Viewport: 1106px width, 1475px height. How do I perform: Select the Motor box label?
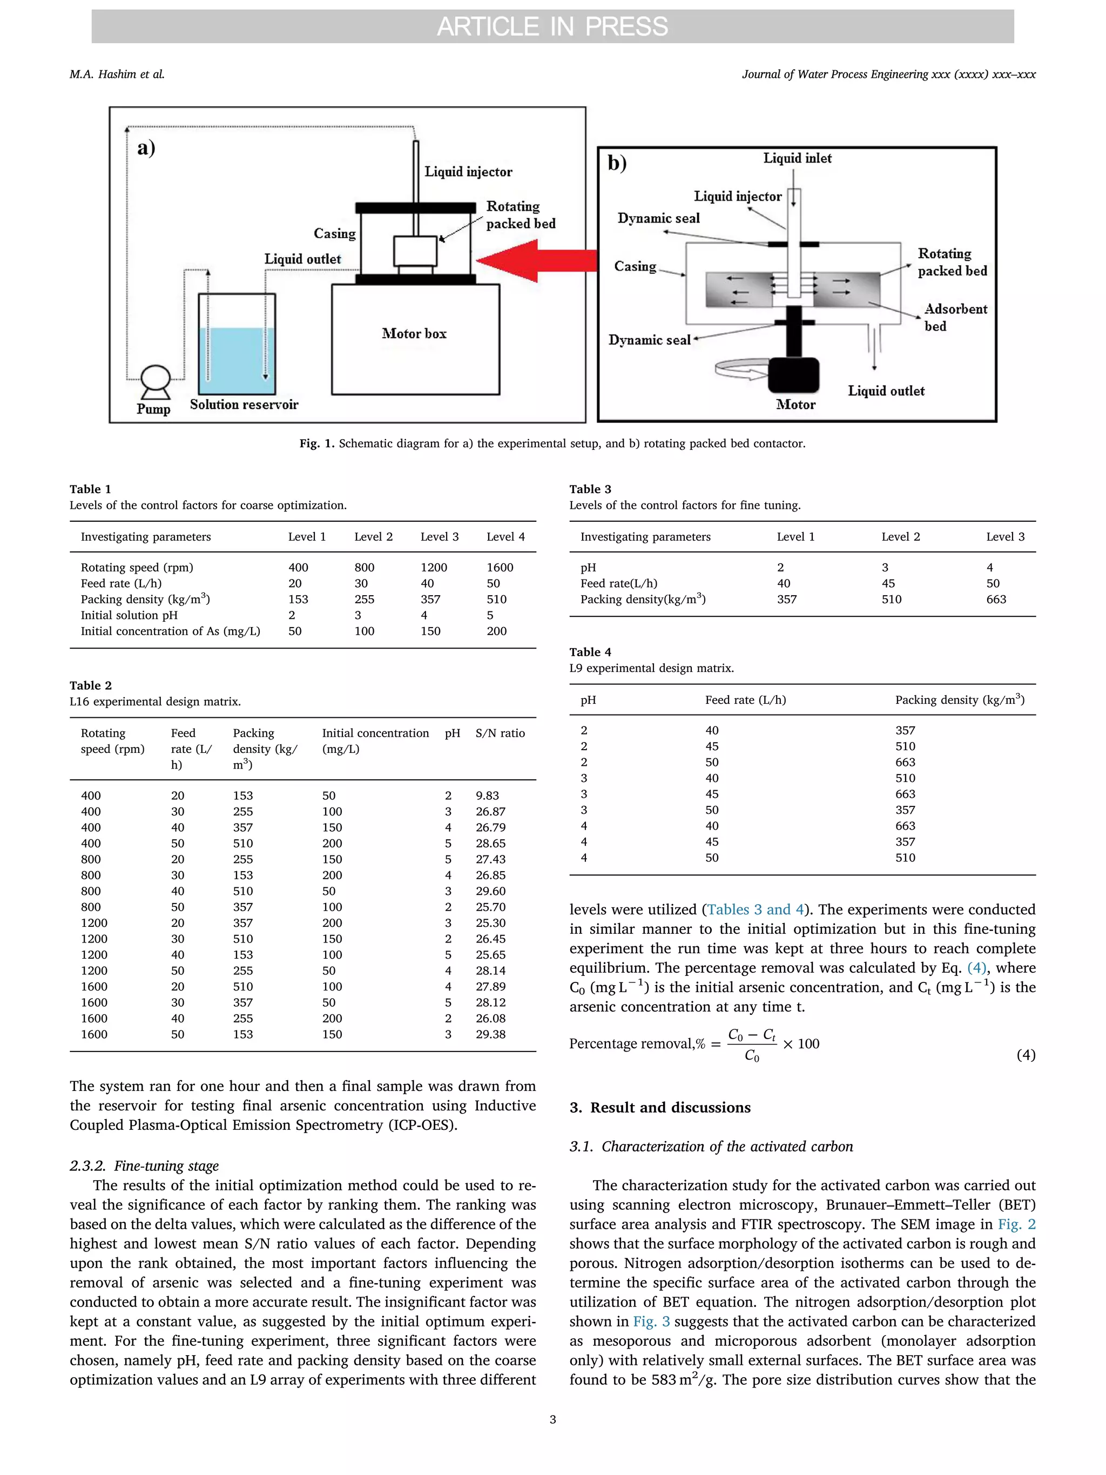point(414,333)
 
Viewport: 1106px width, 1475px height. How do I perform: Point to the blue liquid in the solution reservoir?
point(237,360)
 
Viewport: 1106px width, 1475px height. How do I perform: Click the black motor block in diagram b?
point(793,375)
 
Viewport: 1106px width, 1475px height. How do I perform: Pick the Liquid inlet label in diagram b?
point(797,159)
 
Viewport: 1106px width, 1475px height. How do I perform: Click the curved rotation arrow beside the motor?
point(740,369)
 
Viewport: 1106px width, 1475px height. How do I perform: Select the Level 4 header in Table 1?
point(505,537)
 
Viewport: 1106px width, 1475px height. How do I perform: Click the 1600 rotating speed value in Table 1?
point(500,568)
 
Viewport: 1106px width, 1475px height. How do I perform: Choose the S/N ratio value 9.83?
point(487,796)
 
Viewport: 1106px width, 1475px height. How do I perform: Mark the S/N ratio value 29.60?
point(491,891)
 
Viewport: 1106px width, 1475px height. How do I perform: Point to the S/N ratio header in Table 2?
point(500,733)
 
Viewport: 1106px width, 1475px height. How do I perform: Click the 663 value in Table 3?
point(996,600)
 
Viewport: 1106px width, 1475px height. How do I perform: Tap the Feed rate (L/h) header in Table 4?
point(745,700)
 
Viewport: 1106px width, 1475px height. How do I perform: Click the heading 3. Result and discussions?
point(660,1108)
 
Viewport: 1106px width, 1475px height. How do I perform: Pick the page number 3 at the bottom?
point(552,1420)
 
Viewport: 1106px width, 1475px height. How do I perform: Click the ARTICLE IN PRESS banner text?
point(552,26)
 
